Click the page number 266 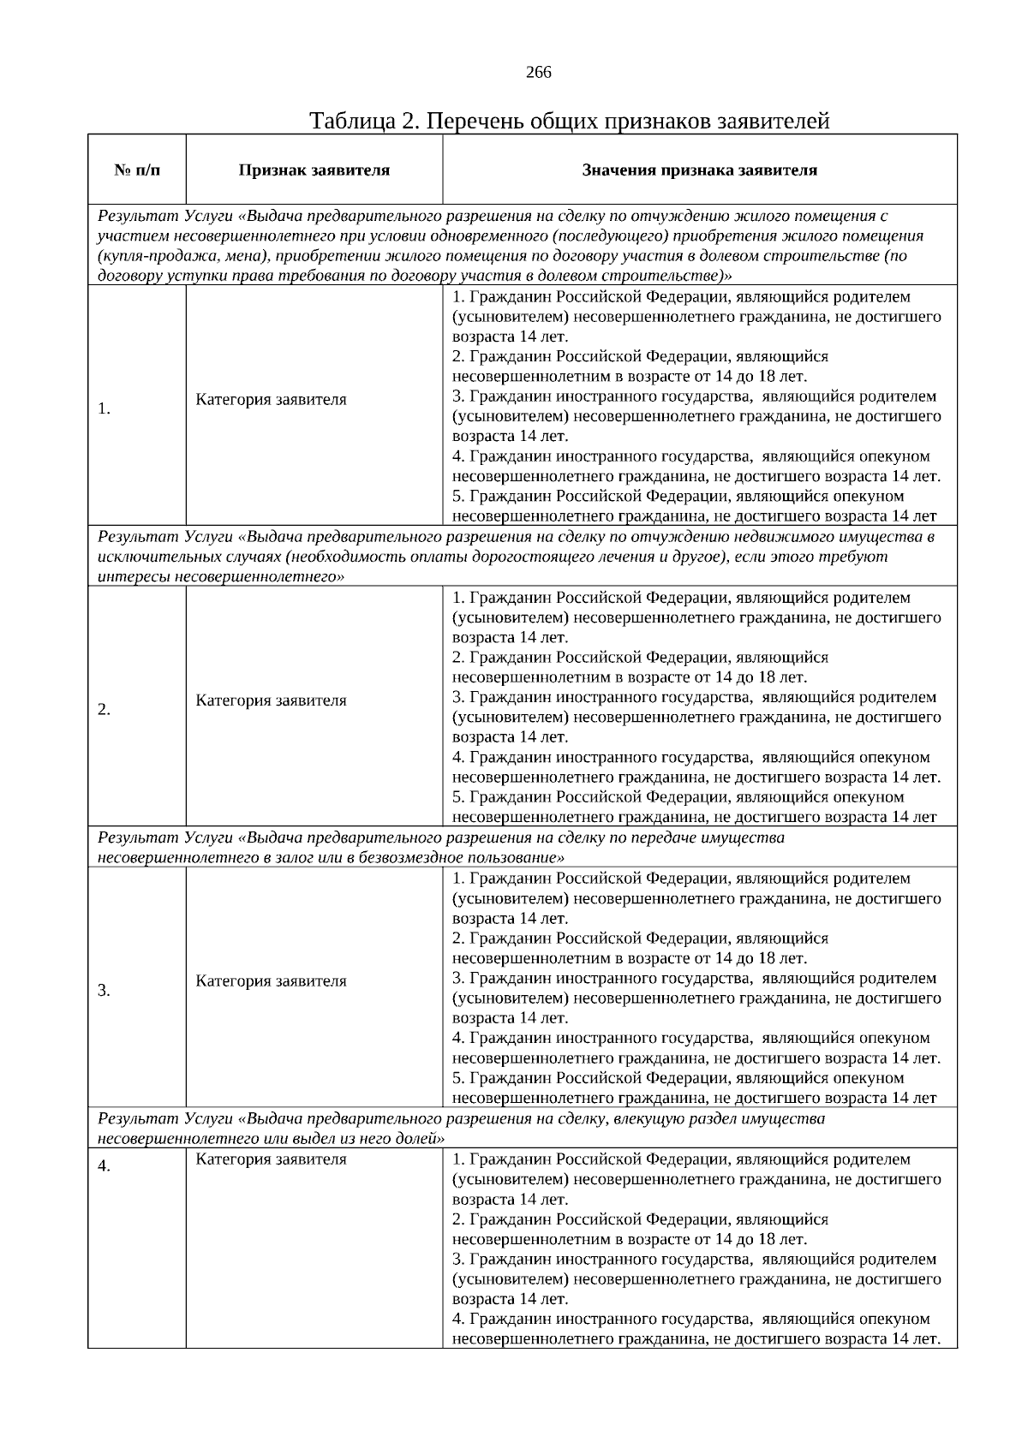[538, 73]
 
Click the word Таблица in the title [352, 121]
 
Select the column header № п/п [137, 170]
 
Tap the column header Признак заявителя [314, 170]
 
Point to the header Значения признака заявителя [699, 170]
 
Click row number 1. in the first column [104, 408]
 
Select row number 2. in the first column [104, 709]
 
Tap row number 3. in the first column [104, 991]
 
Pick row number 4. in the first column [104, 1166]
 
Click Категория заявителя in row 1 [271, 399]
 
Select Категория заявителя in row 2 [271, 700]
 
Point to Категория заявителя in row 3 [271, 981]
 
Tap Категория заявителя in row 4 [271, 1159]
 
